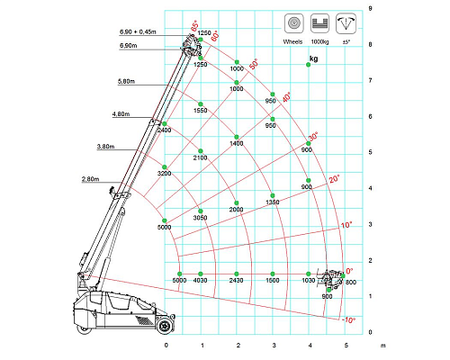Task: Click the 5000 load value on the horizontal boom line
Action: [179, 281]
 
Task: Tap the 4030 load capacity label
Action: [201, 281]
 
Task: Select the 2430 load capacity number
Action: [236, 281]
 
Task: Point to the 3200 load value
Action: [164, 174]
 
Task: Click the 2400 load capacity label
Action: [164, 130]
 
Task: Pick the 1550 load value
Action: [200, 111]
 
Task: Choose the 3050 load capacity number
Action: [200, 218]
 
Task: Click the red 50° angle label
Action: [254, 64]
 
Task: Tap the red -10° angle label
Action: [348, 320]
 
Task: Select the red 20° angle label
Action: [334, 179]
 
